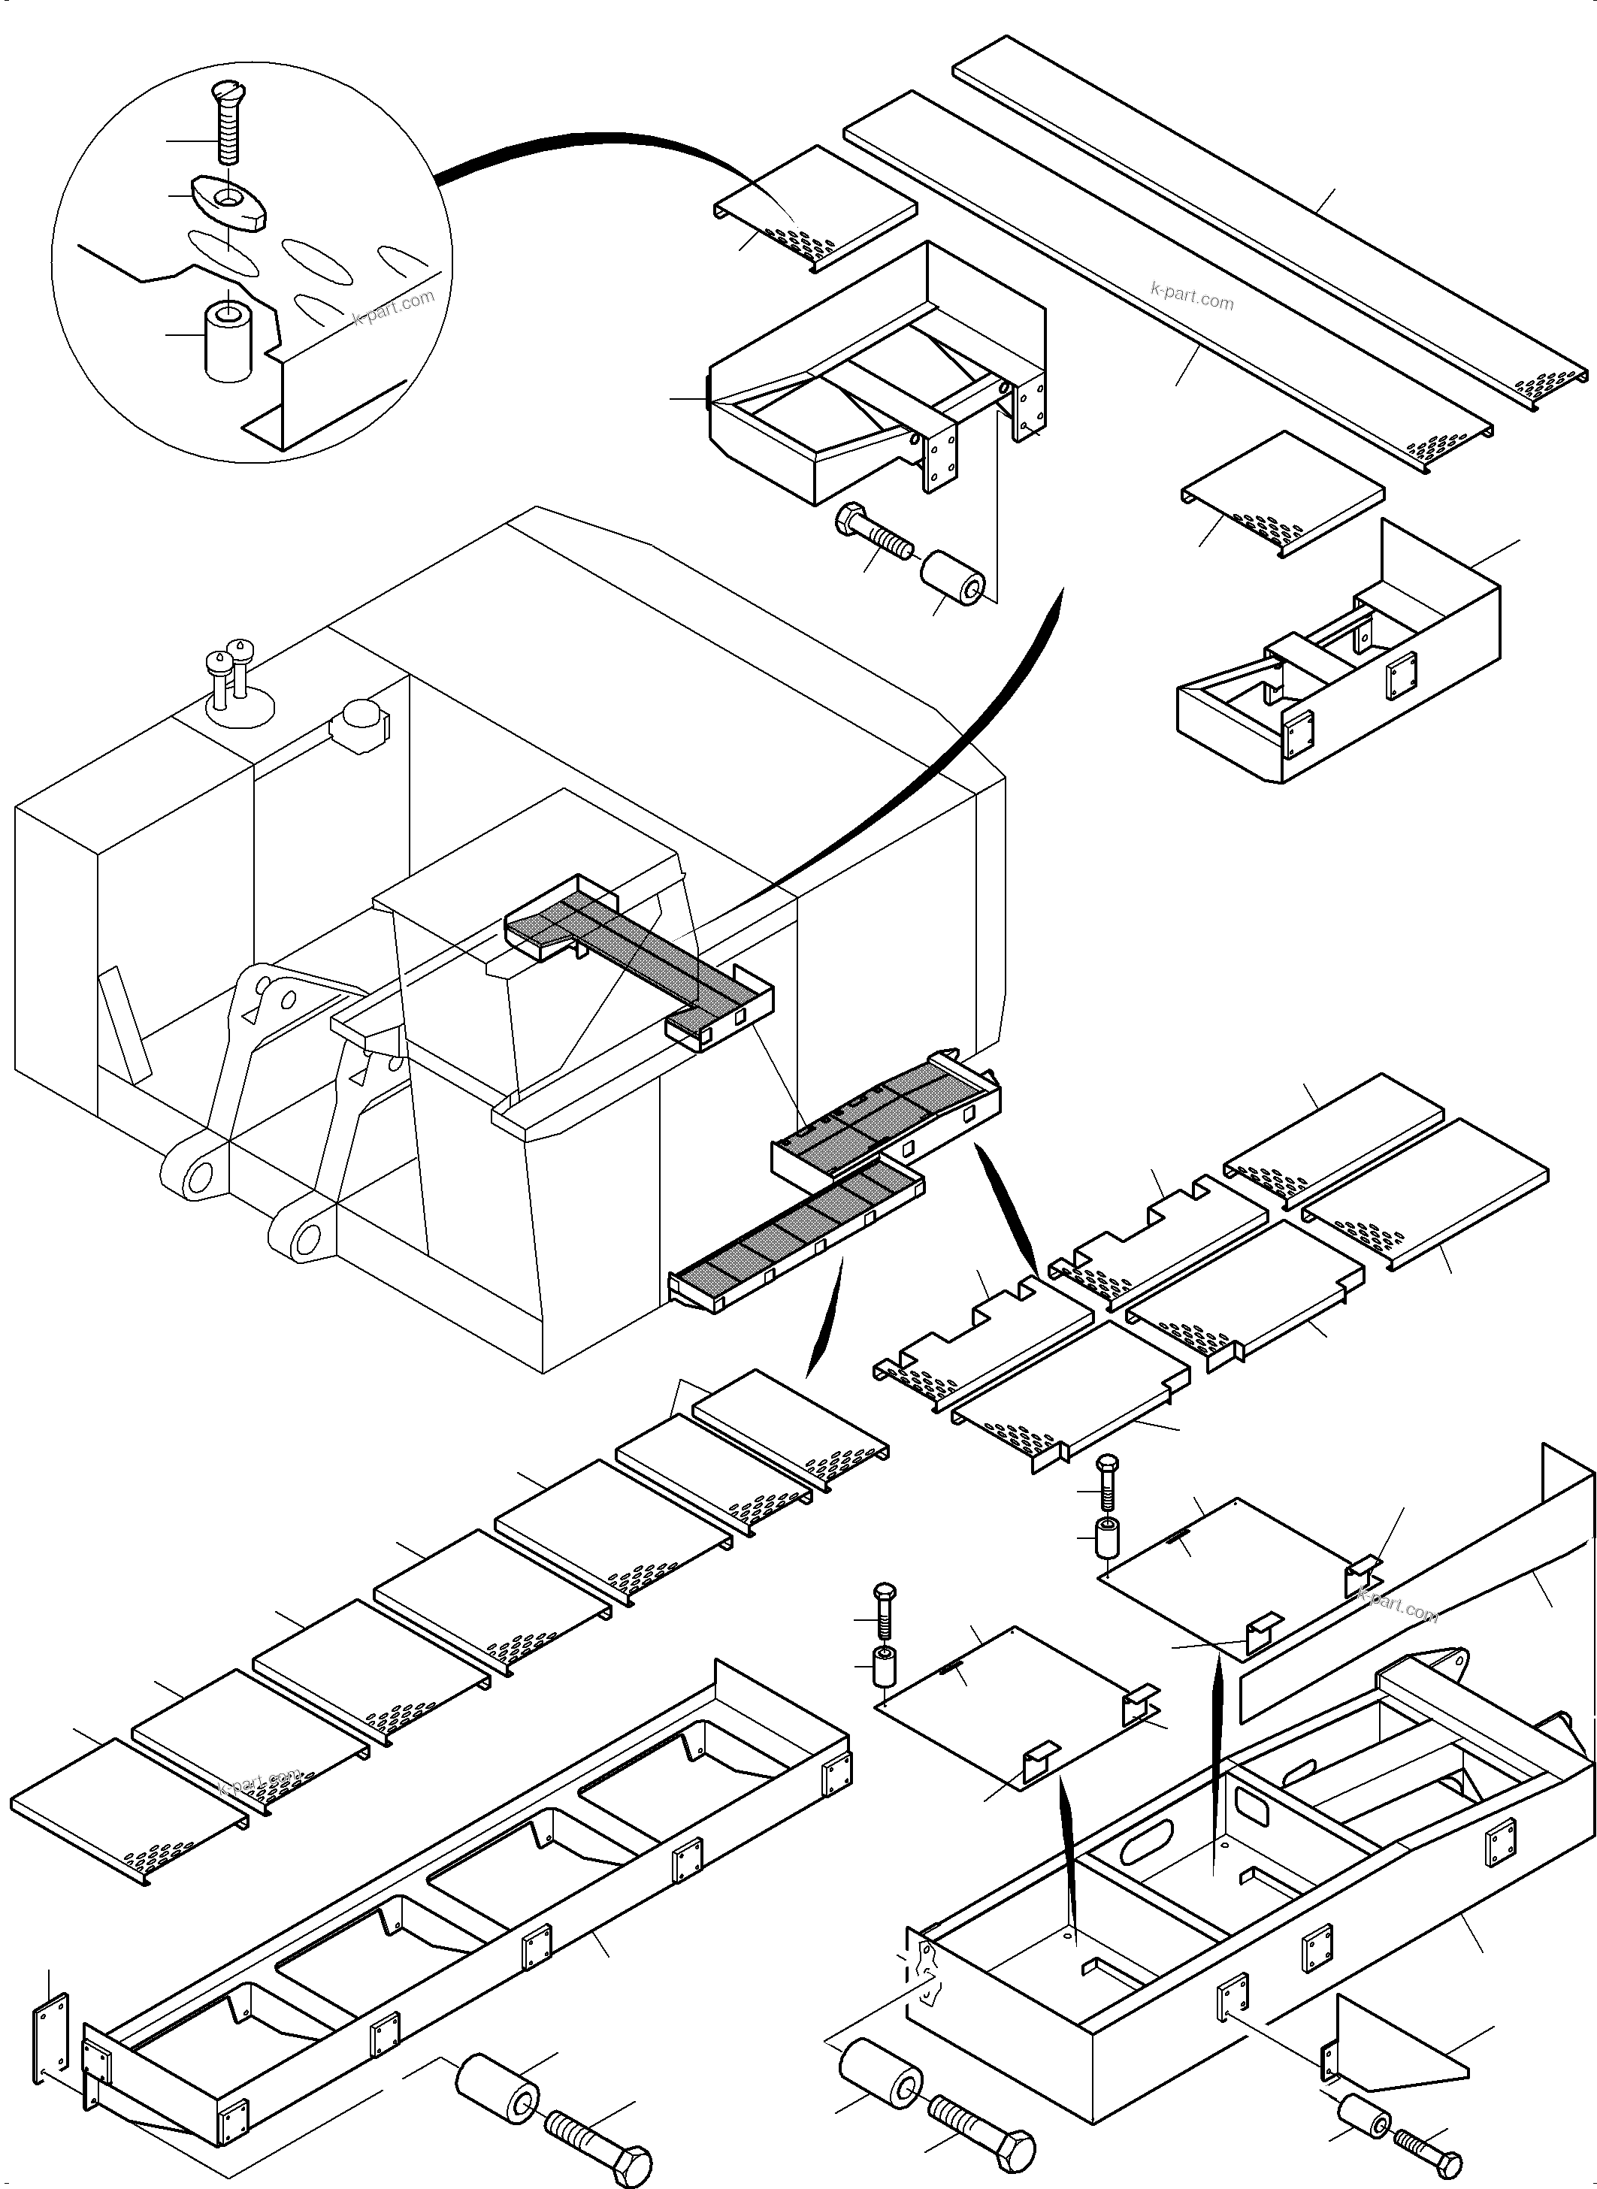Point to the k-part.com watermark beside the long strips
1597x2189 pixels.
[x=1192, y=296]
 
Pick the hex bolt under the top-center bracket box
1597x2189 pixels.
[x=872, y=534]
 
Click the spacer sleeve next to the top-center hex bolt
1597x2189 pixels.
[x=952, y=578]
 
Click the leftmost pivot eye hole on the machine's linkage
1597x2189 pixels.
[x=199, y=1177]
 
